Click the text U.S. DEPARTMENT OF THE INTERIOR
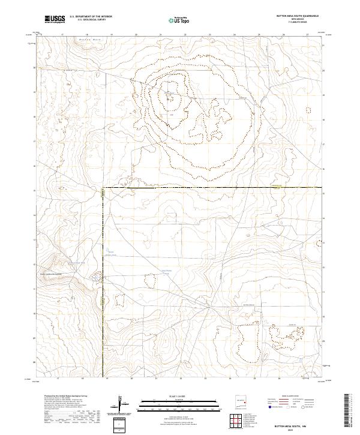[91, 17]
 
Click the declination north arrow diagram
[120, 403]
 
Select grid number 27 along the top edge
[307, 35]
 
